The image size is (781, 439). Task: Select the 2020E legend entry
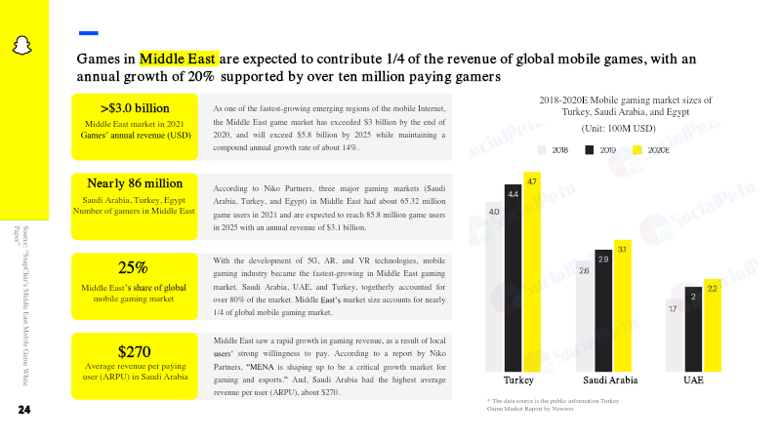coord(650,150)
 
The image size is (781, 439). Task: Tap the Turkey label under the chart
coord(517,379)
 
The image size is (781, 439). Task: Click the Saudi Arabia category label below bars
coord(609,379)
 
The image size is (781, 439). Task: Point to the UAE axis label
coord(692,379)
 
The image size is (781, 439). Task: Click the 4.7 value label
coord(532,182)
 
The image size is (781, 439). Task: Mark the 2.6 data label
coord(584,270)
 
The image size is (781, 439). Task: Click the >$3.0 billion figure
coord(135,107)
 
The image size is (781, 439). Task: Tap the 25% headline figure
coord(133,268)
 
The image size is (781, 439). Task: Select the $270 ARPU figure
coord(133,351)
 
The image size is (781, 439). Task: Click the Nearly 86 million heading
coord(135,183)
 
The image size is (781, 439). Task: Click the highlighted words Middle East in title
coord(179,59)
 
